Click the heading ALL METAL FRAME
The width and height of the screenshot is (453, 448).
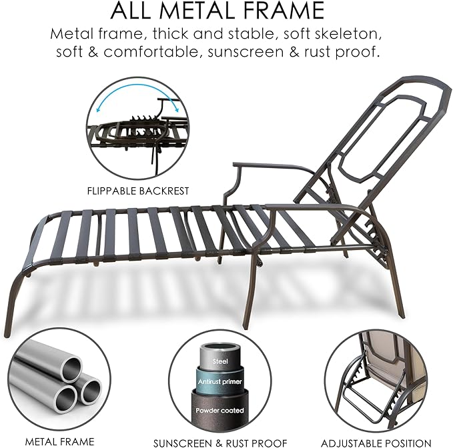point(217,11)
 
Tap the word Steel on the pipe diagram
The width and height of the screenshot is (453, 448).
point(220,361)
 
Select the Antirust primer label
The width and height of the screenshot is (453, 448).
point(220,381)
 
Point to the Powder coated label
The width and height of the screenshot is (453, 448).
point(219,410)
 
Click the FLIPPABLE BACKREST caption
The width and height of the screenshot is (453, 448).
point(138,191)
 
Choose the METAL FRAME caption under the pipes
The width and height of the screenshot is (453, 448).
point(60,441)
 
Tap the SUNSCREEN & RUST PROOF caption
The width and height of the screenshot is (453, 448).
point(220,443)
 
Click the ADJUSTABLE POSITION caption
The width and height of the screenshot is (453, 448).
point(376,443)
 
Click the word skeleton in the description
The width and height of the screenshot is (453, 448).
point(348,34)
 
